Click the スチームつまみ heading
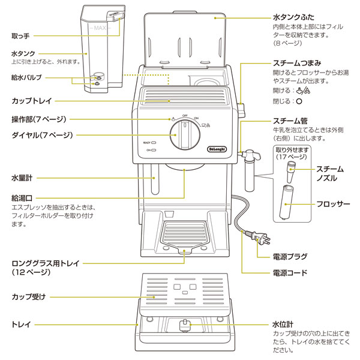(300, 63)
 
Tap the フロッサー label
(334, 204)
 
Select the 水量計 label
(22, 178)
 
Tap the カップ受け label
(29, 296)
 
